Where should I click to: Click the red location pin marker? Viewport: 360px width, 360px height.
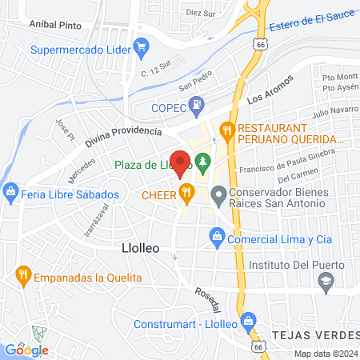click(181, 164)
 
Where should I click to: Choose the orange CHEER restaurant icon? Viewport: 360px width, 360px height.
click(186, 192)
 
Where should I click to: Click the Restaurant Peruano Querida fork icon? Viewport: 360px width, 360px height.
click(227, 128)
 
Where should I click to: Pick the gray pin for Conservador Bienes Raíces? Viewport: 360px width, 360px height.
click(218, 194)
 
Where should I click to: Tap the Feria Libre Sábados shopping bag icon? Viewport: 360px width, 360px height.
click(10, 193)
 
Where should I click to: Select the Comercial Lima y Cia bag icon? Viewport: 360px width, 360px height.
click(216, 238)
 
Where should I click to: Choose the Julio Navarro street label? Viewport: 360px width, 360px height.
click(332, 109)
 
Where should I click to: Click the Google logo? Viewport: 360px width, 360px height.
click(27, 350)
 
